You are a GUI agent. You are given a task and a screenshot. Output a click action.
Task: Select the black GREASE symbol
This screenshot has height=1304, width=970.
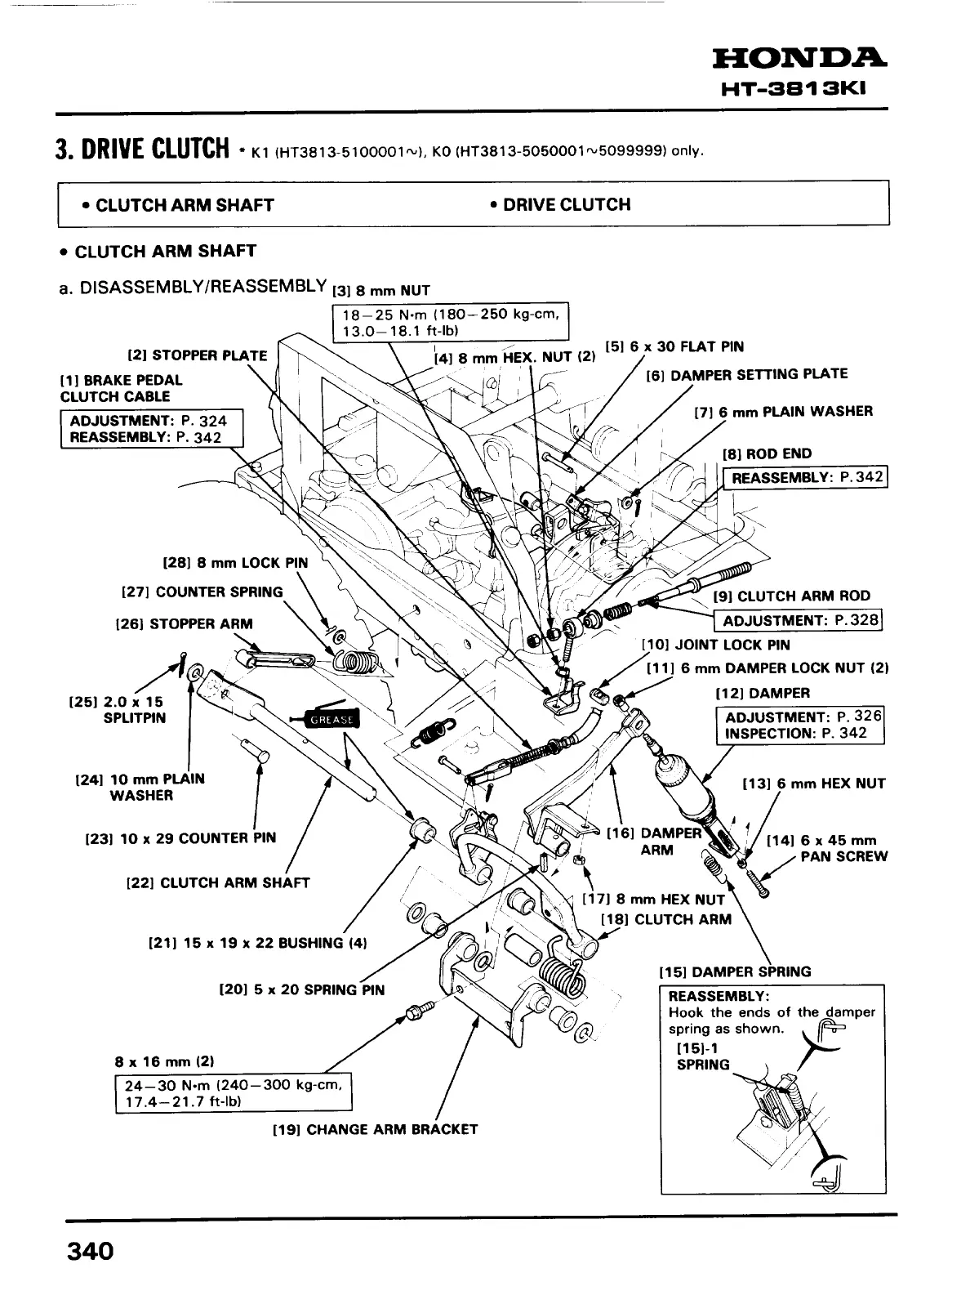pos(330,719)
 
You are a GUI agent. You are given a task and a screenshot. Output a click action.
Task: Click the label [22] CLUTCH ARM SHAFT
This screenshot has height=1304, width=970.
pos(218,882)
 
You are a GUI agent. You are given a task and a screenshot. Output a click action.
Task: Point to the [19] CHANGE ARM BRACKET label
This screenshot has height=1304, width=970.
pos(374,1129)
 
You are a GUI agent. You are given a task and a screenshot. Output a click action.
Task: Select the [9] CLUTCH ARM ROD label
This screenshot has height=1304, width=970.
pos(792,596)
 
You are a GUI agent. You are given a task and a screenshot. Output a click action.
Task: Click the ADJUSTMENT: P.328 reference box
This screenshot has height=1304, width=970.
pos(799,620)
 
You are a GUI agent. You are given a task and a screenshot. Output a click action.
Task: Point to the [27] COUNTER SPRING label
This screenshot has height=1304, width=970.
pos(202,592)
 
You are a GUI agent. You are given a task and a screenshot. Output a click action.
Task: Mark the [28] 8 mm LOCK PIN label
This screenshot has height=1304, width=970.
pos(235,563)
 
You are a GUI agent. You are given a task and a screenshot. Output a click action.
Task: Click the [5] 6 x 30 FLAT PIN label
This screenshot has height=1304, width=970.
pos(674,346)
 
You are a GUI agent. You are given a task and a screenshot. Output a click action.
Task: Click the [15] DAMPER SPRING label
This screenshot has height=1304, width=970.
pos(735,971)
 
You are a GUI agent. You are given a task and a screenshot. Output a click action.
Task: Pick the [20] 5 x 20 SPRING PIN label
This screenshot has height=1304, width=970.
pos(302,989)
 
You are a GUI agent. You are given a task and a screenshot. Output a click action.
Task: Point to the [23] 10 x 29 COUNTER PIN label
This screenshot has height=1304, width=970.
pos(180,837)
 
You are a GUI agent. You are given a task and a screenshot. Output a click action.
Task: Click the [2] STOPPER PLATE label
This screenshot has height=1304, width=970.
pos(197,355)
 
